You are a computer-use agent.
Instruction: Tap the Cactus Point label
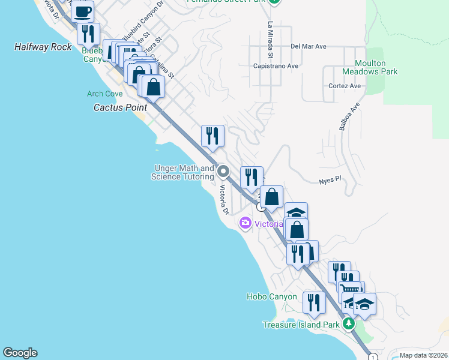tap(120, 107)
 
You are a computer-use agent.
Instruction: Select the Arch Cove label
tap(104, 94)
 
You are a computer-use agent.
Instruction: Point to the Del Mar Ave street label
tap(308, 46)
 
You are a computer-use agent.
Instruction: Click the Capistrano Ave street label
tap(276, 65)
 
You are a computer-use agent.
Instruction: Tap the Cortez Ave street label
tap(345, 86)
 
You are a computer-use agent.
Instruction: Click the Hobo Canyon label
tap(271, 296)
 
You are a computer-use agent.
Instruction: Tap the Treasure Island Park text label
tap(301, 325)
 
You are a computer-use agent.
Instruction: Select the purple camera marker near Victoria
tap(245, 224)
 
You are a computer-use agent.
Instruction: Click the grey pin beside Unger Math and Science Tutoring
tap(223, 172)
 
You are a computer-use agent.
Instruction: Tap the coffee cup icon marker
tap(83, 11)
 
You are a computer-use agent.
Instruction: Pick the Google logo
tap(20, 353)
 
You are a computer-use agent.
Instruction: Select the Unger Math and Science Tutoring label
tap(184, 173)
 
